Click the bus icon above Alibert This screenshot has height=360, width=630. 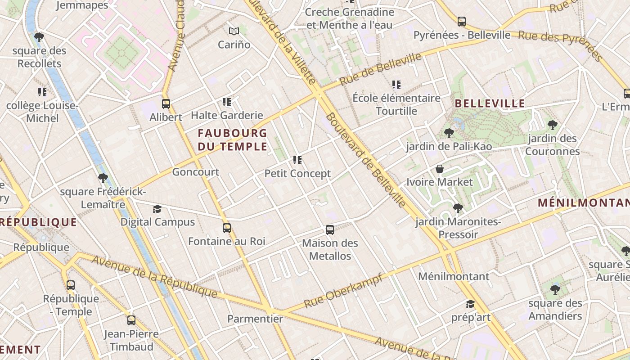tap(166, 104)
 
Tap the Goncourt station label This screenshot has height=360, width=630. tap(195, 172)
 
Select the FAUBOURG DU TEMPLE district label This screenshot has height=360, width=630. tap(232, 139)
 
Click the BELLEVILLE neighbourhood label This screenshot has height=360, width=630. tap(490, 103)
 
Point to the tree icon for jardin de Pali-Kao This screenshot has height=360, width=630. tap(449, 133)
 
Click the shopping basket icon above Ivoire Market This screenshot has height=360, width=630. tap(440, 169)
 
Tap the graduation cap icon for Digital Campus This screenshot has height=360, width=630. tap(157, 209)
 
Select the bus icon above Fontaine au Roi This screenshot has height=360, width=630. tap(227, 228)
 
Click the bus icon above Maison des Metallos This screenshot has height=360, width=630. tap(330, 230)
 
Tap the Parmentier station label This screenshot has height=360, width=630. tap(255, 319)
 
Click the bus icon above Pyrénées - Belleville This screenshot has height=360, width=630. tap(462, 22)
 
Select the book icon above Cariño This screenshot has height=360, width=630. tap(234, 31)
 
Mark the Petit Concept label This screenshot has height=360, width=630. tap(297, 173)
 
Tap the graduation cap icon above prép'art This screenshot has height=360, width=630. tap(470, 304)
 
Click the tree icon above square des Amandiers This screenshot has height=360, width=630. tap(555, 290)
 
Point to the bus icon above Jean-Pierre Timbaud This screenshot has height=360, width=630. tap(131, 320)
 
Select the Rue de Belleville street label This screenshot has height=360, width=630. tap(380, 69)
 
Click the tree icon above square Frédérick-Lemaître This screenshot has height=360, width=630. tap(103, 178)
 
